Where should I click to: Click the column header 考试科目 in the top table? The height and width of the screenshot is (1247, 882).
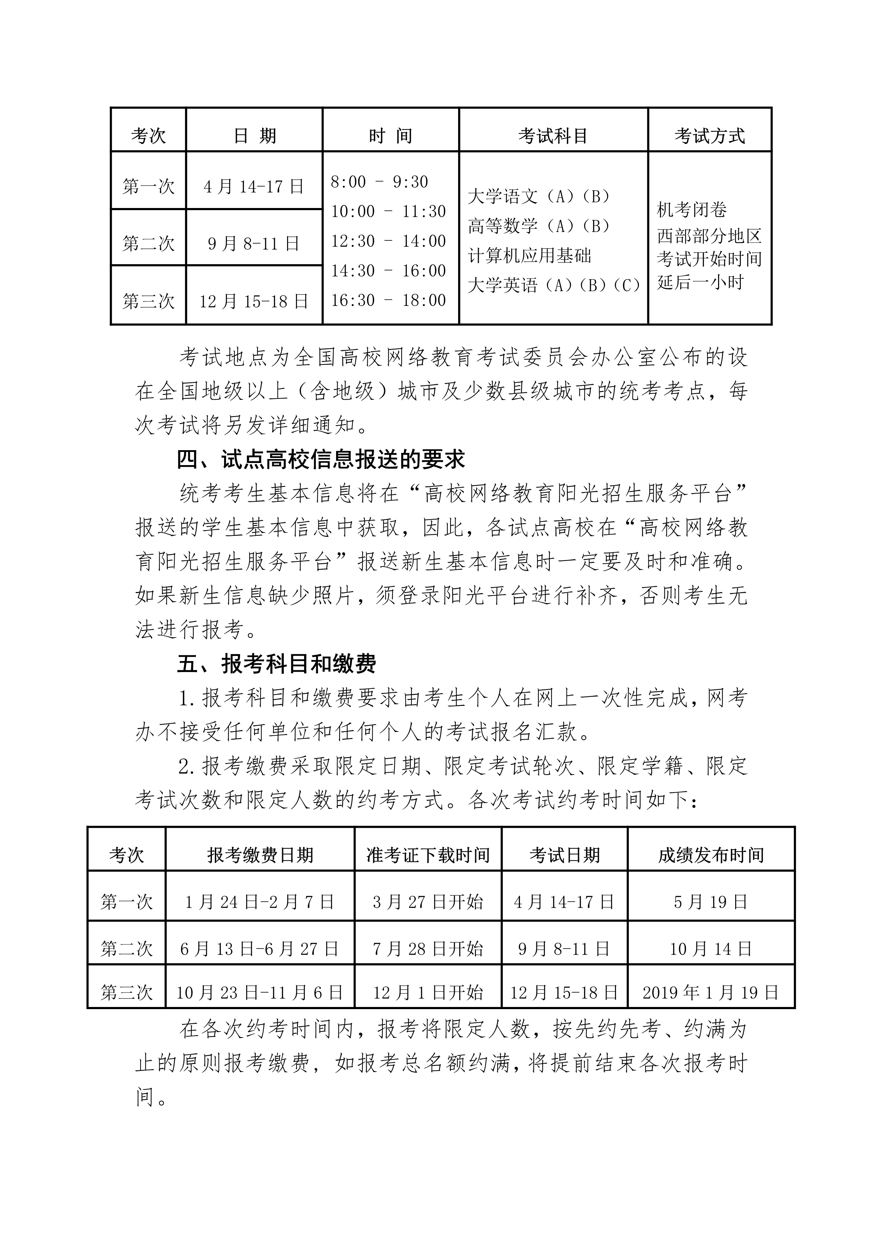[x=553, y=136]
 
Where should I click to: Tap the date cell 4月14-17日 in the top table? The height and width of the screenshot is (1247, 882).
[x=254, y=187]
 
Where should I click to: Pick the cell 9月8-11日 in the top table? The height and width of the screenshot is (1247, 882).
[x=254, y=243]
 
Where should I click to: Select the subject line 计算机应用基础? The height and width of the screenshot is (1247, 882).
[x=530, y=256]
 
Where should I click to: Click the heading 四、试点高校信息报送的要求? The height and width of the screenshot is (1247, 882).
[x=321, y=459]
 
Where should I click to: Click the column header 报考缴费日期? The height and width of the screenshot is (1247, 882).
[x=260, y=856]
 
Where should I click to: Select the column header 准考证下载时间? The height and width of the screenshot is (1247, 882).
[x=428, y=856]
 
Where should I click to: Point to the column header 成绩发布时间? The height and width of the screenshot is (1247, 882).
[x=711, y=856]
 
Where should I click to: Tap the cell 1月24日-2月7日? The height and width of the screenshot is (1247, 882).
[x=260, y=902]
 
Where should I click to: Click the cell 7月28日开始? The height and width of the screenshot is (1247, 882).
[x=428, y=949]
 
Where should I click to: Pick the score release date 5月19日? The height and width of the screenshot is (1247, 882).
[x=711, y=902]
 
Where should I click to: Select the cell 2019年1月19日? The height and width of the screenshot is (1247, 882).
[x=711, y=993]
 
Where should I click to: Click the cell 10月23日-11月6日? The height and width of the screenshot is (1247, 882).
[x=260, y=993]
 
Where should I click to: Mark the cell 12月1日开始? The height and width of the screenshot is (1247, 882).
[x=428, y=993]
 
